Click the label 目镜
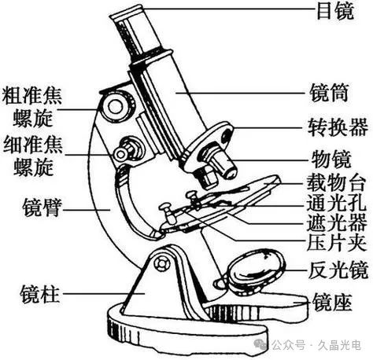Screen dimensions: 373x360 335,11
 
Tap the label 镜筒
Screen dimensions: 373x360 330,93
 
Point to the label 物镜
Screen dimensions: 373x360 331,159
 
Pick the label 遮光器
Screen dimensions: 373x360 336,222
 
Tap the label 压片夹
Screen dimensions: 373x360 336,243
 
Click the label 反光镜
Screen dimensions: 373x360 338,270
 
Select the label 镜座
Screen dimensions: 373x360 331,302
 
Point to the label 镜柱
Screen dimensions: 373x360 40,294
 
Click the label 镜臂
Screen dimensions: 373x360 42,208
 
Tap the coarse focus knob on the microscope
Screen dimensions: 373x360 116,107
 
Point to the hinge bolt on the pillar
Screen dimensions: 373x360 161,263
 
